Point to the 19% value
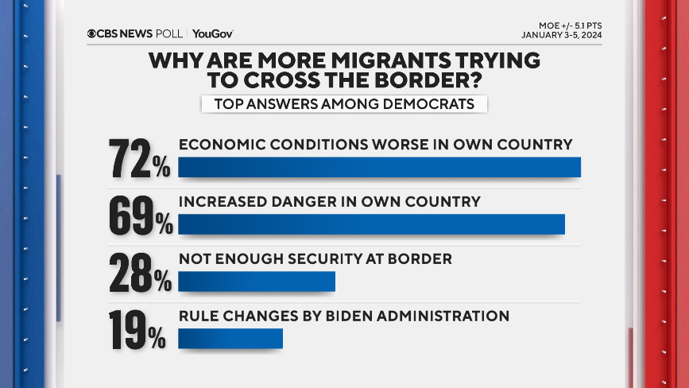coord(137,330)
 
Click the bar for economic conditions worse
coord(379,167)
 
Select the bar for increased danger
coord(371,224)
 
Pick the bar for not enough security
coord(257,281)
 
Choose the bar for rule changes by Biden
coord(230,339)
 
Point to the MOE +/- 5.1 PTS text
coord(568,24)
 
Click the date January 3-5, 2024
coord(562,35)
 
